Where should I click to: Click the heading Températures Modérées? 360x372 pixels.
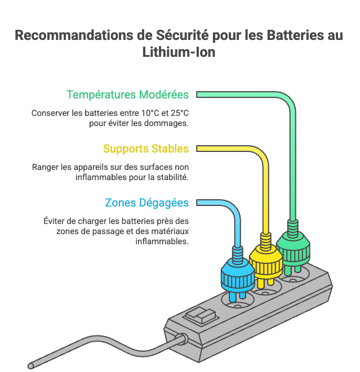pos(127,95)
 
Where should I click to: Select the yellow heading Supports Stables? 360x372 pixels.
pos(145,149)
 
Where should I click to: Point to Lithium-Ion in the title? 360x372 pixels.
pos(180,52)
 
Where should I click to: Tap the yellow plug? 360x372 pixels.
pos(265,257)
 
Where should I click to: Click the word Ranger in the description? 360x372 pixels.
pos(45,168)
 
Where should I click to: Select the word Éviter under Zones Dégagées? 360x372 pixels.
pos(55,221)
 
